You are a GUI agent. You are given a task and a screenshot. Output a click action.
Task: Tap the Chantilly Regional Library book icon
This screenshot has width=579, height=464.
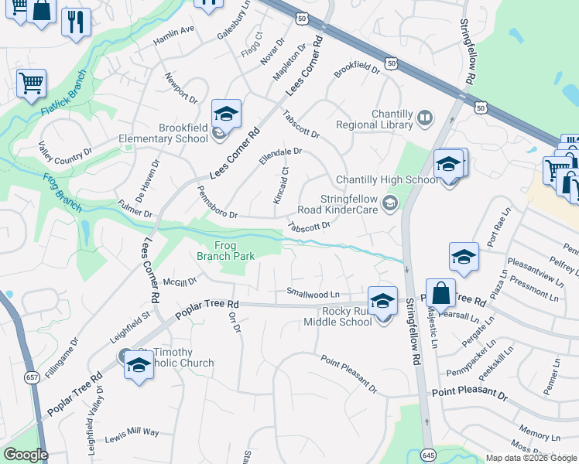[424, 118]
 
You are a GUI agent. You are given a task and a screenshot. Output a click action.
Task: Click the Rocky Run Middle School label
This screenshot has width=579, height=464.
[337, 316]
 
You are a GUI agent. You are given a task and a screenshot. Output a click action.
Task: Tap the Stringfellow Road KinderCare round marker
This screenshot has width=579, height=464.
[391, 203]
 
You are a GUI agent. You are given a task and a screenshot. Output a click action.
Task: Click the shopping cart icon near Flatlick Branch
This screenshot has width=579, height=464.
[31, 82]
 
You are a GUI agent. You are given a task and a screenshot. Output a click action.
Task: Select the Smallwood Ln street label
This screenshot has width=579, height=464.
[313, 294]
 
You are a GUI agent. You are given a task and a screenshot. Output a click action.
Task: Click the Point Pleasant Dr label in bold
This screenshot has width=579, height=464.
[469, 395]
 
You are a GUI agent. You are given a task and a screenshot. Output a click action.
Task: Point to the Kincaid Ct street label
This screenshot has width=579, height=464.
[280, 186]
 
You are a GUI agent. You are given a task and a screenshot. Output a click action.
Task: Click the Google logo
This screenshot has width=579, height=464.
[26, 455]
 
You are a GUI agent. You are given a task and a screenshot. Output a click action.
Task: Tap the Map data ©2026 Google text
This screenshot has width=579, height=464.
[531, 457]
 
